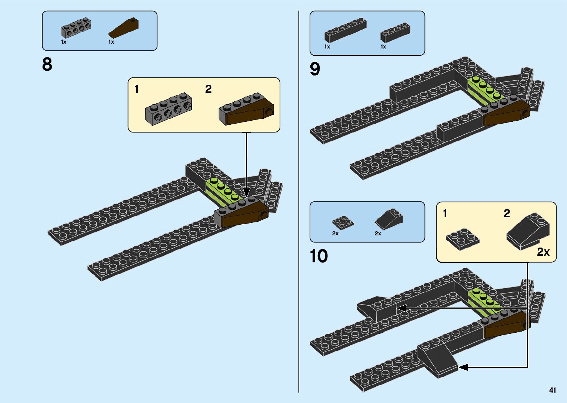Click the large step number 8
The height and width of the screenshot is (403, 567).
point(47,64)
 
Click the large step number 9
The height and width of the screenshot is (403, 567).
point(315,69)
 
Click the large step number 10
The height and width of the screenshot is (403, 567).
point(318,256)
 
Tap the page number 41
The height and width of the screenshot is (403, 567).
point(553,390)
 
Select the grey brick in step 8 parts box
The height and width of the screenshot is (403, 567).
point(76,28)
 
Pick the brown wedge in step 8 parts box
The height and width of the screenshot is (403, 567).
point(124,28)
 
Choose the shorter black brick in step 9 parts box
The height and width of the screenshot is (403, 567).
point(395,33)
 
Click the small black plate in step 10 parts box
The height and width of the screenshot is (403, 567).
point(343,222)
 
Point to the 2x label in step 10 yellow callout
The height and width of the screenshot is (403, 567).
point(543,252)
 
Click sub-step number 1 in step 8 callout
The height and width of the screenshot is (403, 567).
point(137,89)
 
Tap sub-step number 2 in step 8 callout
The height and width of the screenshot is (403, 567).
point(209,89)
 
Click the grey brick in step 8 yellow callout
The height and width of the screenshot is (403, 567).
point(169,109)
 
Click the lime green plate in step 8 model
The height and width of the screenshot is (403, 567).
point(221,190)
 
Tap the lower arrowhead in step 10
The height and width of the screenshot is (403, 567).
point(463,367)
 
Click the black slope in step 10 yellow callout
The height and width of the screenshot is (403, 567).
point(528,232)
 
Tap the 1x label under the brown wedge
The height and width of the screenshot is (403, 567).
point(111,42)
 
